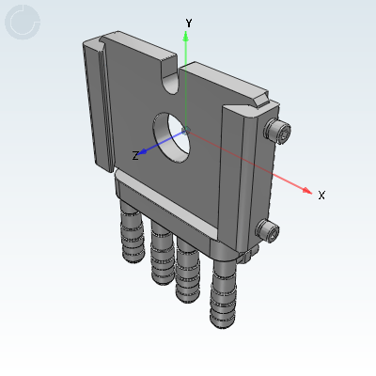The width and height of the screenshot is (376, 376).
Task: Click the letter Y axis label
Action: [189, 22]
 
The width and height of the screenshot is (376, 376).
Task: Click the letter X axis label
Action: [321, 196]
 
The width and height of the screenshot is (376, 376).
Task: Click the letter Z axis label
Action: [135, 155]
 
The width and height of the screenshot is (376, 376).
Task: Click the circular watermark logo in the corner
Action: [23, 23]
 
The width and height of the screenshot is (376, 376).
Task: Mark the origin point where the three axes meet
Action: [186, 129]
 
